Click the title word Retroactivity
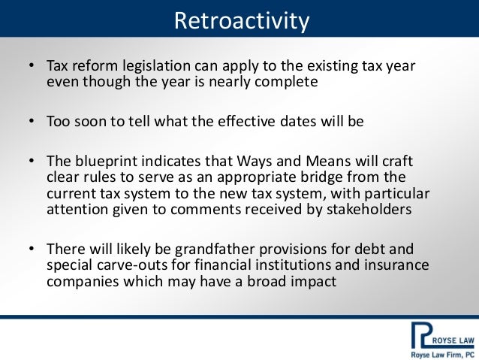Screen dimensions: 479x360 (242, 21)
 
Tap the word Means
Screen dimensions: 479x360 (328, 161)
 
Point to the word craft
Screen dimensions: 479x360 (398, 161)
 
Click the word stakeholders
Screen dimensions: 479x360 (369, 209)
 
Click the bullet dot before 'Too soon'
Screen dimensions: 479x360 (32, 122)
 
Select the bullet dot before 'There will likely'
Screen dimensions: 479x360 (32, 249)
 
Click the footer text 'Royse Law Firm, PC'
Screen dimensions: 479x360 (442, 355)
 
